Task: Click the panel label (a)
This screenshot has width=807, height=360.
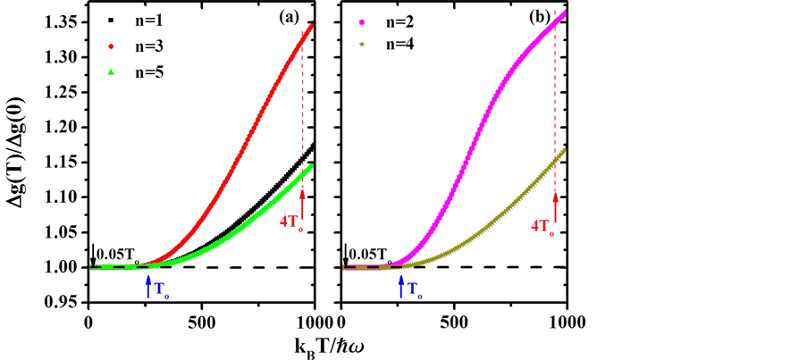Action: (x=295, y=18)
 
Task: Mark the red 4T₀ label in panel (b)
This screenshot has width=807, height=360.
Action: (x=542, y=226)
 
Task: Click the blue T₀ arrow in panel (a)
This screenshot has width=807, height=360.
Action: (x=149, y=284)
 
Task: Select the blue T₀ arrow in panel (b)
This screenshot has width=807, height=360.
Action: (x=401, y=284)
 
